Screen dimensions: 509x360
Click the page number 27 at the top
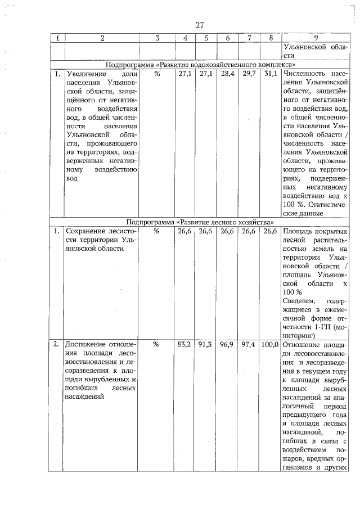point(200,25)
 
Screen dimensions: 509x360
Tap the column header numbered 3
point(157,38)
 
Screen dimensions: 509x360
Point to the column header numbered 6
point(227,38)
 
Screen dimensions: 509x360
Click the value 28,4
point(227,74)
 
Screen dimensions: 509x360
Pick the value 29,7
point(249,74)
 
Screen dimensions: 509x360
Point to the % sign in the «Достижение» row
point(157,344)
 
